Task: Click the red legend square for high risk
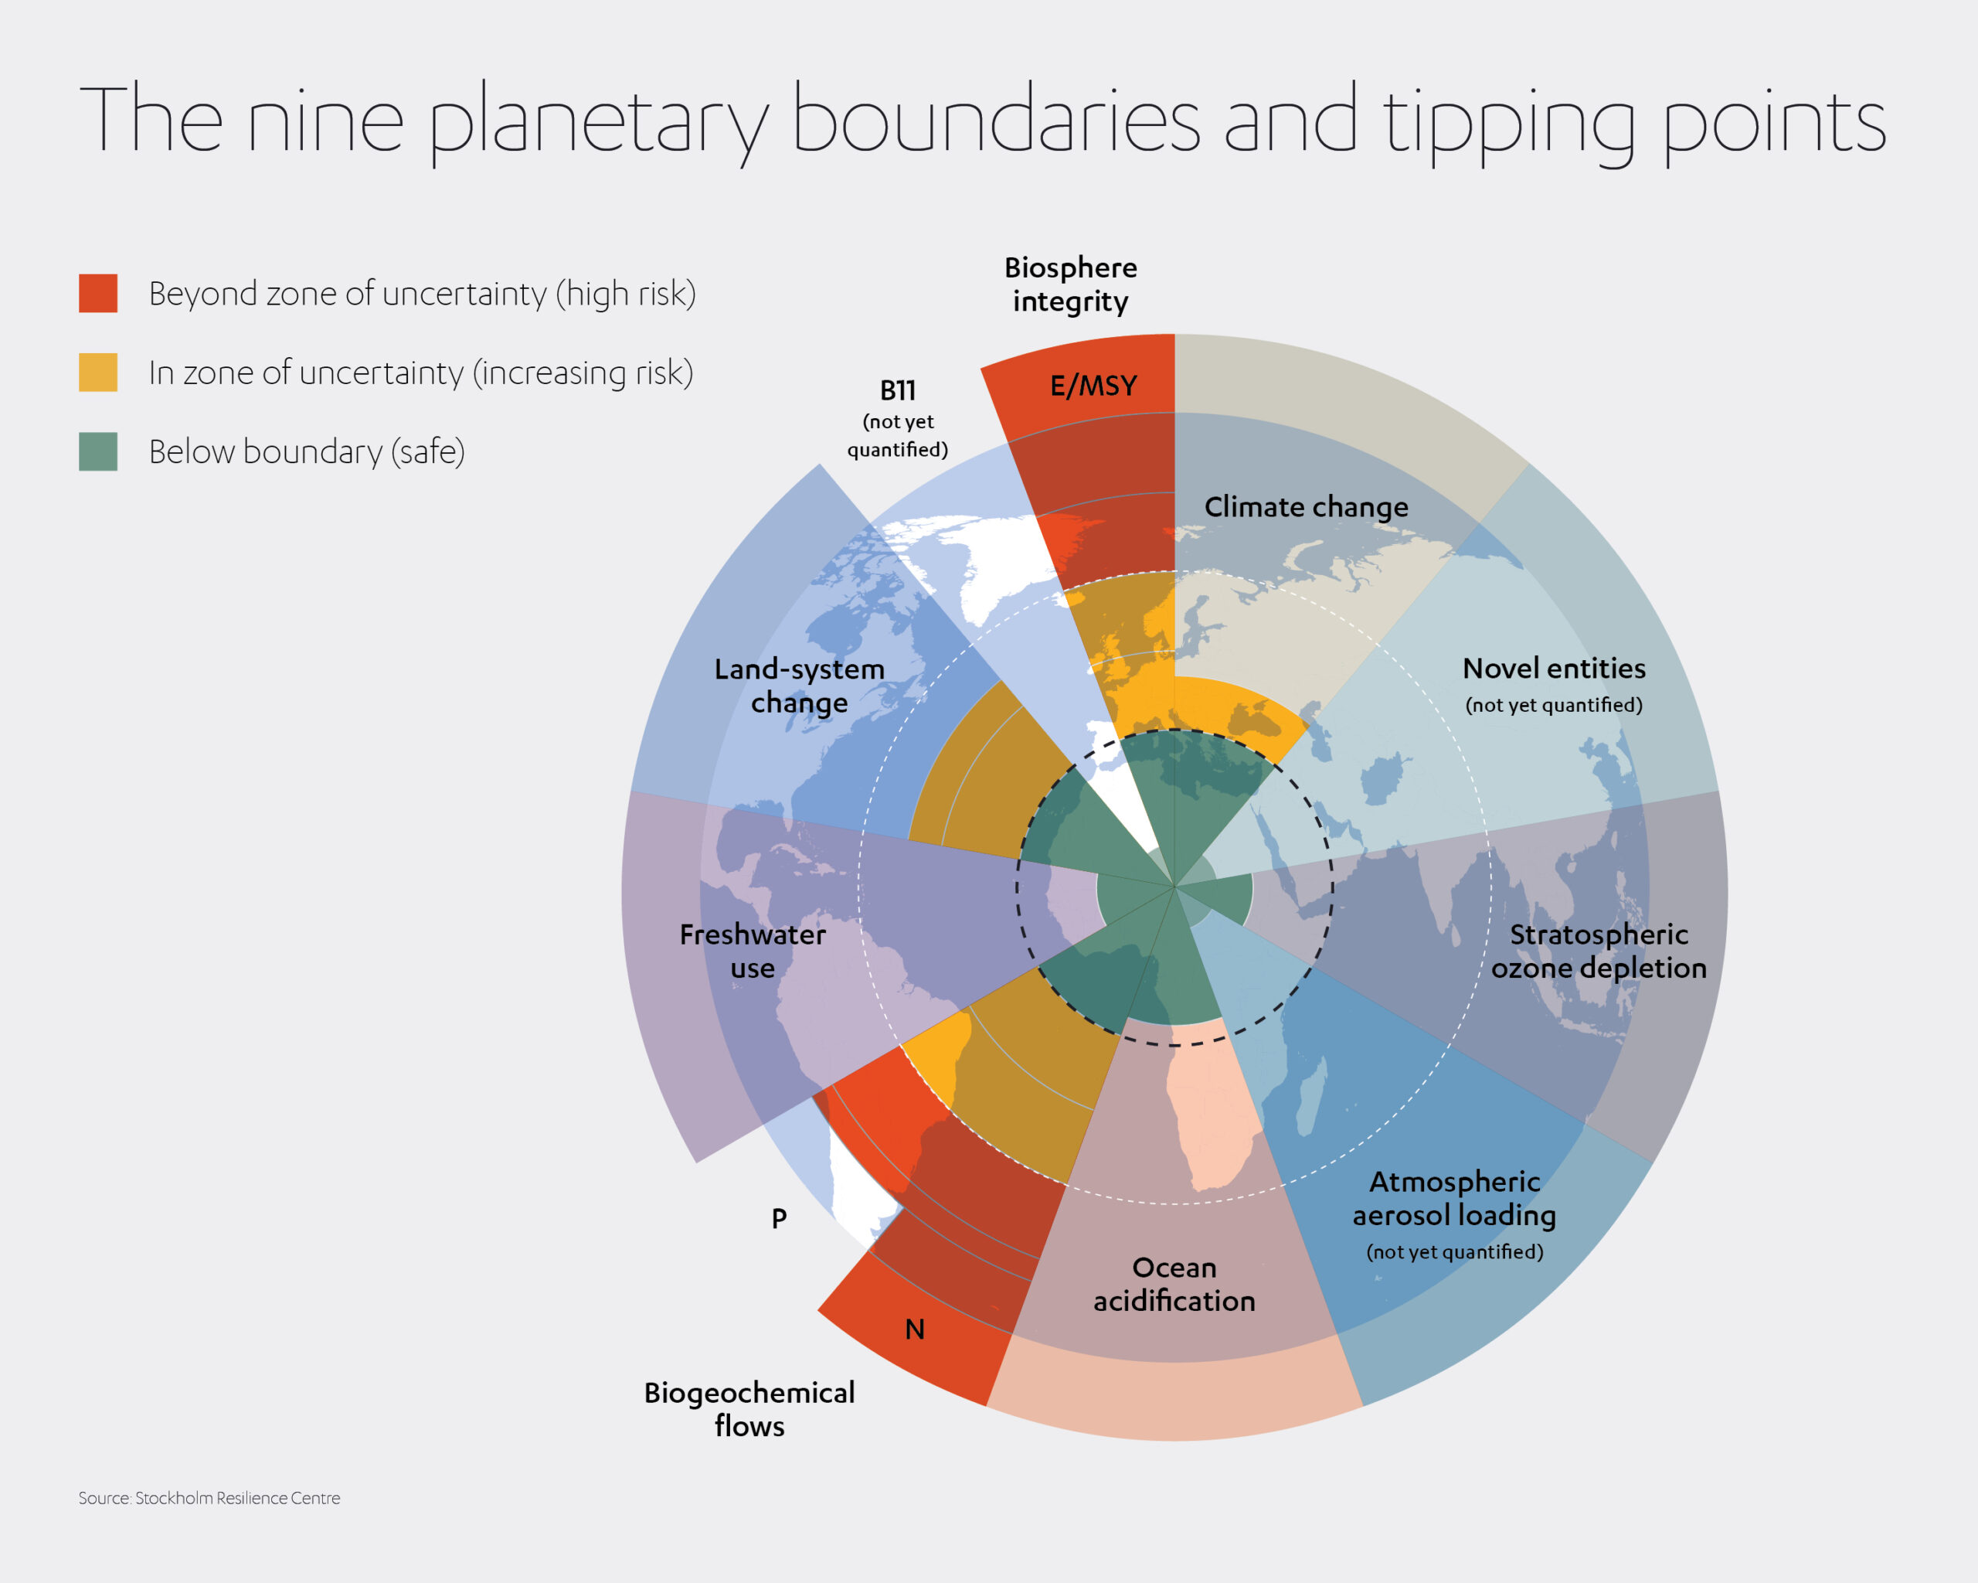(97, 293)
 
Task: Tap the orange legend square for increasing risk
(97, 372)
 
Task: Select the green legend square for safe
(97, 451)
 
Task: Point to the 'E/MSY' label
(1093, 386)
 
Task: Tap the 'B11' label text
(897, 391)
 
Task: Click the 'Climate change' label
(1306, 506)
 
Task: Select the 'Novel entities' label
(1553, 668)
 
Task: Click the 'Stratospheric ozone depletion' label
(1598, 951)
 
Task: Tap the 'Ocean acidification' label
(1174, 1284)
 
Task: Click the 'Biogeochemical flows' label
(749, 1408)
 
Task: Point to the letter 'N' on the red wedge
(915, 1329)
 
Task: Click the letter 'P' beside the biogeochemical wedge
(779, 1219)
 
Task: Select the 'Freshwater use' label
(753, 951)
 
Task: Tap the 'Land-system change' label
(799, 686)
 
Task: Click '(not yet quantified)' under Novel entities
(1553, 705)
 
